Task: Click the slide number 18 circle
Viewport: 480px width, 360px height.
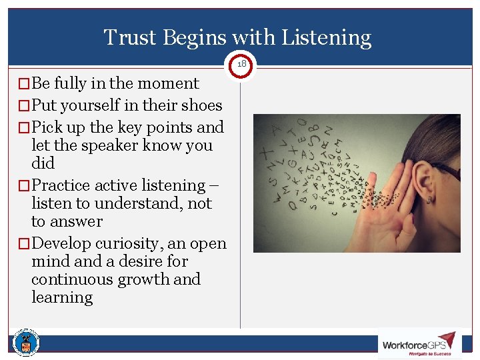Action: point(241,64)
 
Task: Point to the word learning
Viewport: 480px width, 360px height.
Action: point(62,297)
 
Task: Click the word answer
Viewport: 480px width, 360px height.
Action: point(76,221)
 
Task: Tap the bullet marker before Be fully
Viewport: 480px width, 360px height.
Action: point(24,84)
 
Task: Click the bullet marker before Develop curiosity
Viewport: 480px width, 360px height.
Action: point(24,244)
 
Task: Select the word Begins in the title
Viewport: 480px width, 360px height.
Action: point(197,39)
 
